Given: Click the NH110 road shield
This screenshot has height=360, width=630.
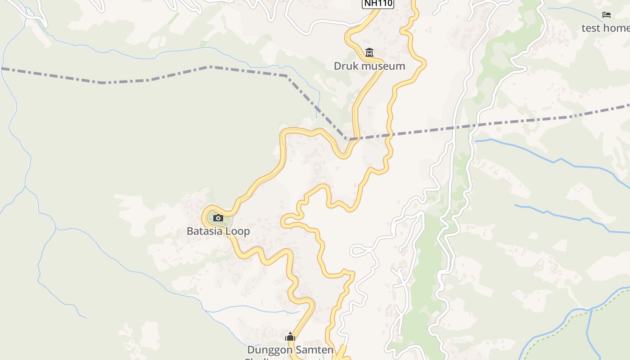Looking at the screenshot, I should click(378, 4).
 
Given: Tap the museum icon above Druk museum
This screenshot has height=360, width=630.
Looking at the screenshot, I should click(369, 53).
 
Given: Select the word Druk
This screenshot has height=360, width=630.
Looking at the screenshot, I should click(344, 66).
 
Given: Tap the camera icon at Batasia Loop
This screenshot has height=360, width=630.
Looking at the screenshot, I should click(218, 218).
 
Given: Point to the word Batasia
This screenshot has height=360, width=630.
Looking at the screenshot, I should click(204, 231).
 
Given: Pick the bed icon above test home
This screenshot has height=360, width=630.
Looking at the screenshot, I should click(607, 15).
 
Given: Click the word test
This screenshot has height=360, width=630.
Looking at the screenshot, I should click(591, 28).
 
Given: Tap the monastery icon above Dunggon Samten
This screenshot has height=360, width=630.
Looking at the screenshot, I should click(290, 337).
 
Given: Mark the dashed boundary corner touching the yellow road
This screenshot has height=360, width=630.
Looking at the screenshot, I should click(347, 139).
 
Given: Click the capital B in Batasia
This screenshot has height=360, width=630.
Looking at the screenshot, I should click(190, 231).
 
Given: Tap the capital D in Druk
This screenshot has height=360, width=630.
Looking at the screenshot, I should click(337, 66).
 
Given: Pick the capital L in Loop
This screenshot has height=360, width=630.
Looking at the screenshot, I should click(227, 231).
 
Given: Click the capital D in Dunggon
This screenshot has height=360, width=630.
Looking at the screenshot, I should click(250, 350).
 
